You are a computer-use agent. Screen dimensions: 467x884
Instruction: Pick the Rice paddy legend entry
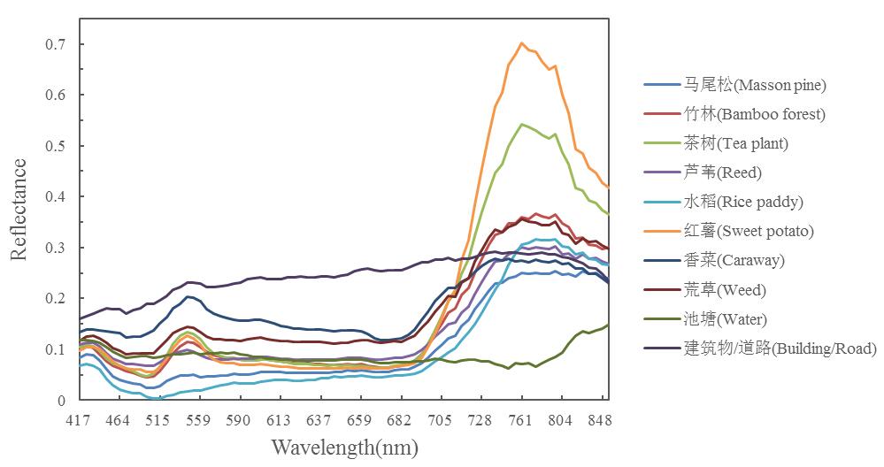click(743, 202)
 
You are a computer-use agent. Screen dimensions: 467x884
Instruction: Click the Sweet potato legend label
click(749, 231)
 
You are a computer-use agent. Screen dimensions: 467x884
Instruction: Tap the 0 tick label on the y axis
click(61, 401)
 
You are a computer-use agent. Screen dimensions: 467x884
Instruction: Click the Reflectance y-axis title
click(19, 210)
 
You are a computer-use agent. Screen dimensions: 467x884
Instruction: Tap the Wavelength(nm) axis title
click(344, 448)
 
